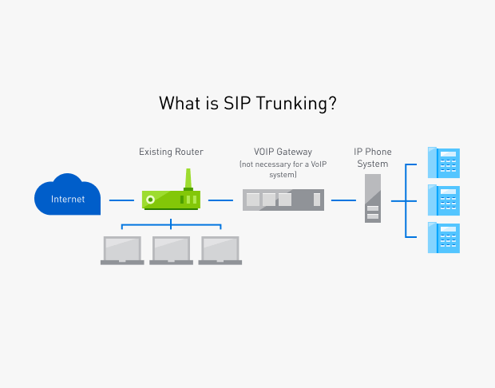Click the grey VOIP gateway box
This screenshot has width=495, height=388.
[x=283, y=200]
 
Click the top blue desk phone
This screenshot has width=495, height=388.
[x=444, y=162]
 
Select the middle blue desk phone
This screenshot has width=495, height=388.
[x=444, y=200]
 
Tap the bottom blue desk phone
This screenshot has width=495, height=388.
[x=444, y=237]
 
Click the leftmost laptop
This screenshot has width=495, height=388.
[x=122, y=250]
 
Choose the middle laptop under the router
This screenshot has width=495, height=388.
[x=171, y=250]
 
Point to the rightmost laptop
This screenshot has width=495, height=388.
[x=220, y=250]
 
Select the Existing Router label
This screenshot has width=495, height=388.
[x=171, y=151]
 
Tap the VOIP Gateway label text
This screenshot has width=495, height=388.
[x=283, y=151]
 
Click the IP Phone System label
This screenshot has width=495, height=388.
[x=372, y=157]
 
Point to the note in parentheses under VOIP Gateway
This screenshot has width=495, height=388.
[x=283, y=168]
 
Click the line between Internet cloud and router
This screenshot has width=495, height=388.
[x=121, y=200]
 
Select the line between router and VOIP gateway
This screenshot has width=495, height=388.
[x=220, y=200]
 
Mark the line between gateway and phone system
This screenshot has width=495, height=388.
[x=343, y=200]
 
